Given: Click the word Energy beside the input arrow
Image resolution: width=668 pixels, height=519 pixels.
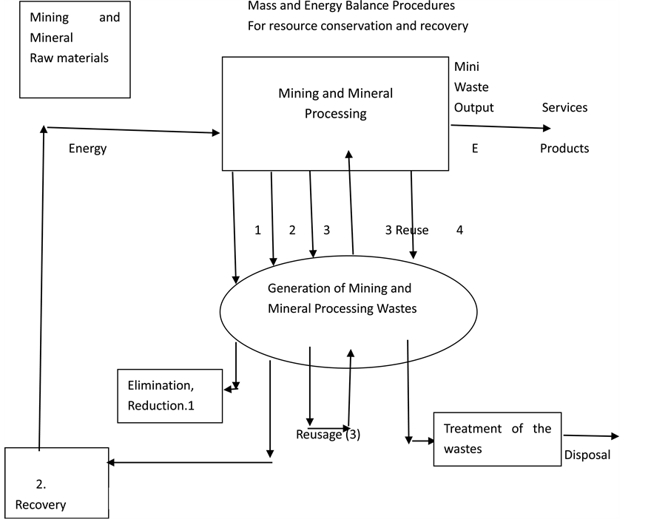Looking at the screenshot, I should pos(87,149).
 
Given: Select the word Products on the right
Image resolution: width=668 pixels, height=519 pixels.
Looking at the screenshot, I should pos(564,149).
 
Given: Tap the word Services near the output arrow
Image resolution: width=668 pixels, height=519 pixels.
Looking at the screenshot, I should pos(564,108).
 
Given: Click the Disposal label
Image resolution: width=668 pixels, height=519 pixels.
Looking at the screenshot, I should pos(587,455).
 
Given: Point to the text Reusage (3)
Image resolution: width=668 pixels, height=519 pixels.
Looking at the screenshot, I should pos(328,435).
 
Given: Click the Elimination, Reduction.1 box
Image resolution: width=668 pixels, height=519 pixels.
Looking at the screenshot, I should pos(170,396).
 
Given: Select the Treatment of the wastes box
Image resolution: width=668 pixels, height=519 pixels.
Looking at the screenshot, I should pos(497,438).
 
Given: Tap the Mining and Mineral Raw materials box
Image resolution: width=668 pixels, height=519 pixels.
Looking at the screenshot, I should pos(70,50).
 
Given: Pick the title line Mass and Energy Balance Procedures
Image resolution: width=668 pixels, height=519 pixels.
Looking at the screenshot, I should pos(351,7).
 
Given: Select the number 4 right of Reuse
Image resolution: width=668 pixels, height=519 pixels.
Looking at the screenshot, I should pos(459,231).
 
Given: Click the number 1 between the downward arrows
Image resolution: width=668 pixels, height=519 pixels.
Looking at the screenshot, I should pos(257,231).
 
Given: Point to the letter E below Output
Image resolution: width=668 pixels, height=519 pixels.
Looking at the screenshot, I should pos(475,149).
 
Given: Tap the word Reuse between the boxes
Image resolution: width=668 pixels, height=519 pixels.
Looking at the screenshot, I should pos(411,231).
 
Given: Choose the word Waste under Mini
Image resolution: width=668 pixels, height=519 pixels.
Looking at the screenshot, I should pos(471,87).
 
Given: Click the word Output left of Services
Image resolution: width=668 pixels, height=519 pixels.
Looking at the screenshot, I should pos(473,108).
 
